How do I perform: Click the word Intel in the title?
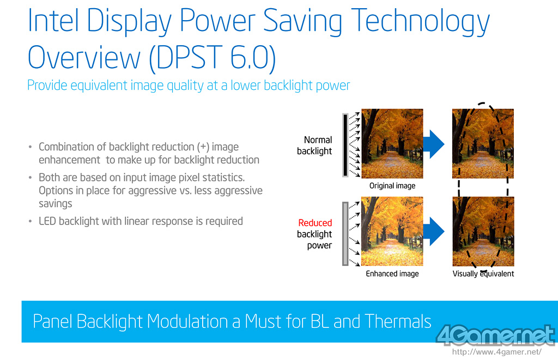tap(53, 21)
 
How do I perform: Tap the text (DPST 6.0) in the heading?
tap(212, 58)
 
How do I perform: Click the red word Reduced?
tap(315, 223)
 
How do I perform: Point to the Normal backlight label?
tap(314, 145)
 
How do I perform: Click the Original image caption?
tap(392, 186)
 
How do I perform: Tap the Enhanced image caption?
tap(392, 273)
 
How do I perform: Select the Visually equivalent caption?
tap(483, 273)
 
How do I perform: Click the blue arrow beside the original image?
tap(434, 144)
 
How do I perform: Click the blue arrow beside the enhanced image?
tap(434, 231)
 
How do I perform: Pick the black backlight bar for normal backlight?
tap(345, 145)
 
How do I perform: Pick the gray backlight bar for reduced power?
tap(345, 234)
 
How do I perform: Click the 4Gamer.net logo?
tap(495, 335)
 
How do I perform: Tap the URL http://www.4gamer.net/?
tap(497, 352)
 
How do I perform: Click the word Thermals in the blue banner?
tap(398, 321)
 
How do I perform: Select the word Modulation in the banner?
tap(187, 321)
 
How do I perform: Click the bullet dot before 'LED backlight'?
tap(31, 222)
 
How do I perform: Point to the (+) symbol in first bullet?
tap(203, 147)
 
